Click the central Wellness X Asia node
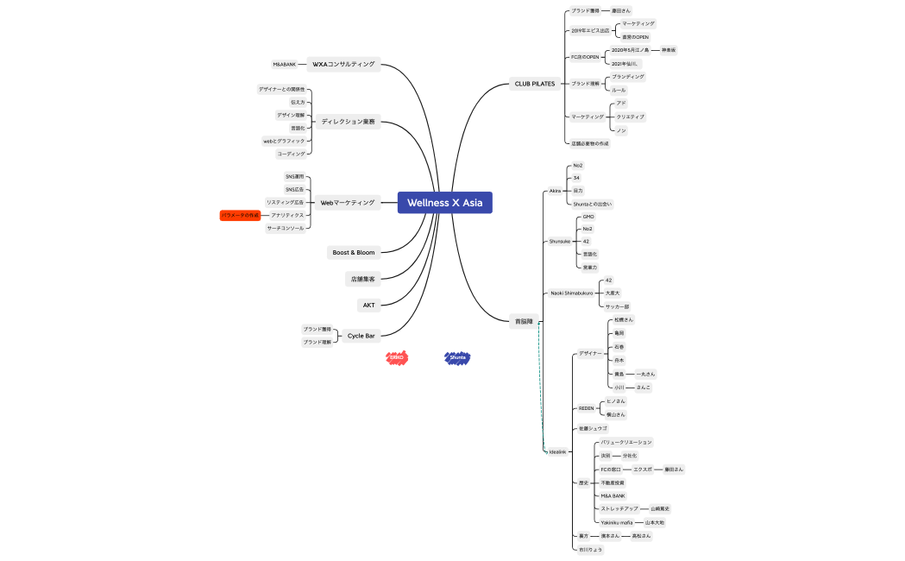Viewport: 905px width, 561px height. tap(444, 203)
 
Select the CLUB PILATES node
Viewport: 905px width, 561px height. tap(535, 84)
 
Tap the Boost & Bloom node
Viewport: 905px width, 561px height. tap(354, 253)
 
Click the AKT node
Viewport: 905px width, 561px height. tap(368, 306)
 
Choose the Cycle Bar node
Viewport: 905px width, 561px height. tap(361, 336)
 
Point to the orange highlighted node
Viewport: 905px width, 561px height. tap(240, 215)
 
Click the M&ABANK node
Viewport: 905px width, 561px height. tap(284, 64)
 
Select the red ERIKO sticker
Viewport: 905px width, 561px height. tap(397, 357)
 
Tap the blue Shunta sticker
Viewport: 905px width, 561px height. tap(457, 357)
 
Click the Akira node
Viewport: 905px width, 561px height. tap(556, 191)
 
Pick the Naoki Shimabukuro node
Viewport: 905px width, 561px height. tap(573, 293)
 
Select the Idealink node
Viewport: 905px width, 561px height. tap(558, 451)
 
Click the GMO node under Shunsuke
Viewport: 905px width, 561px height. tap(588, 217)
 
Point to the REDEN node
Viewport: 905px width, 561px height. tap(587, 408)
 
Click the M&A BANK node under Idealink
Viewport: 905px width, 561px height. tap(613, 496)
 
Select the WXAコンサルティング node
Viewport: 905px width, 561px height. tap(343, 64)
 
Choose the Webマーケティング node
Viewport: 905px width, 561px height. tap(348, 203)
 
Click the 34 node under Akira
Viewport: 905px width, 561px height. tap(576, 178)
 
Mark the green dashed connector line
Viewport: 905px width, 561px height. tap(542, 388)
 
